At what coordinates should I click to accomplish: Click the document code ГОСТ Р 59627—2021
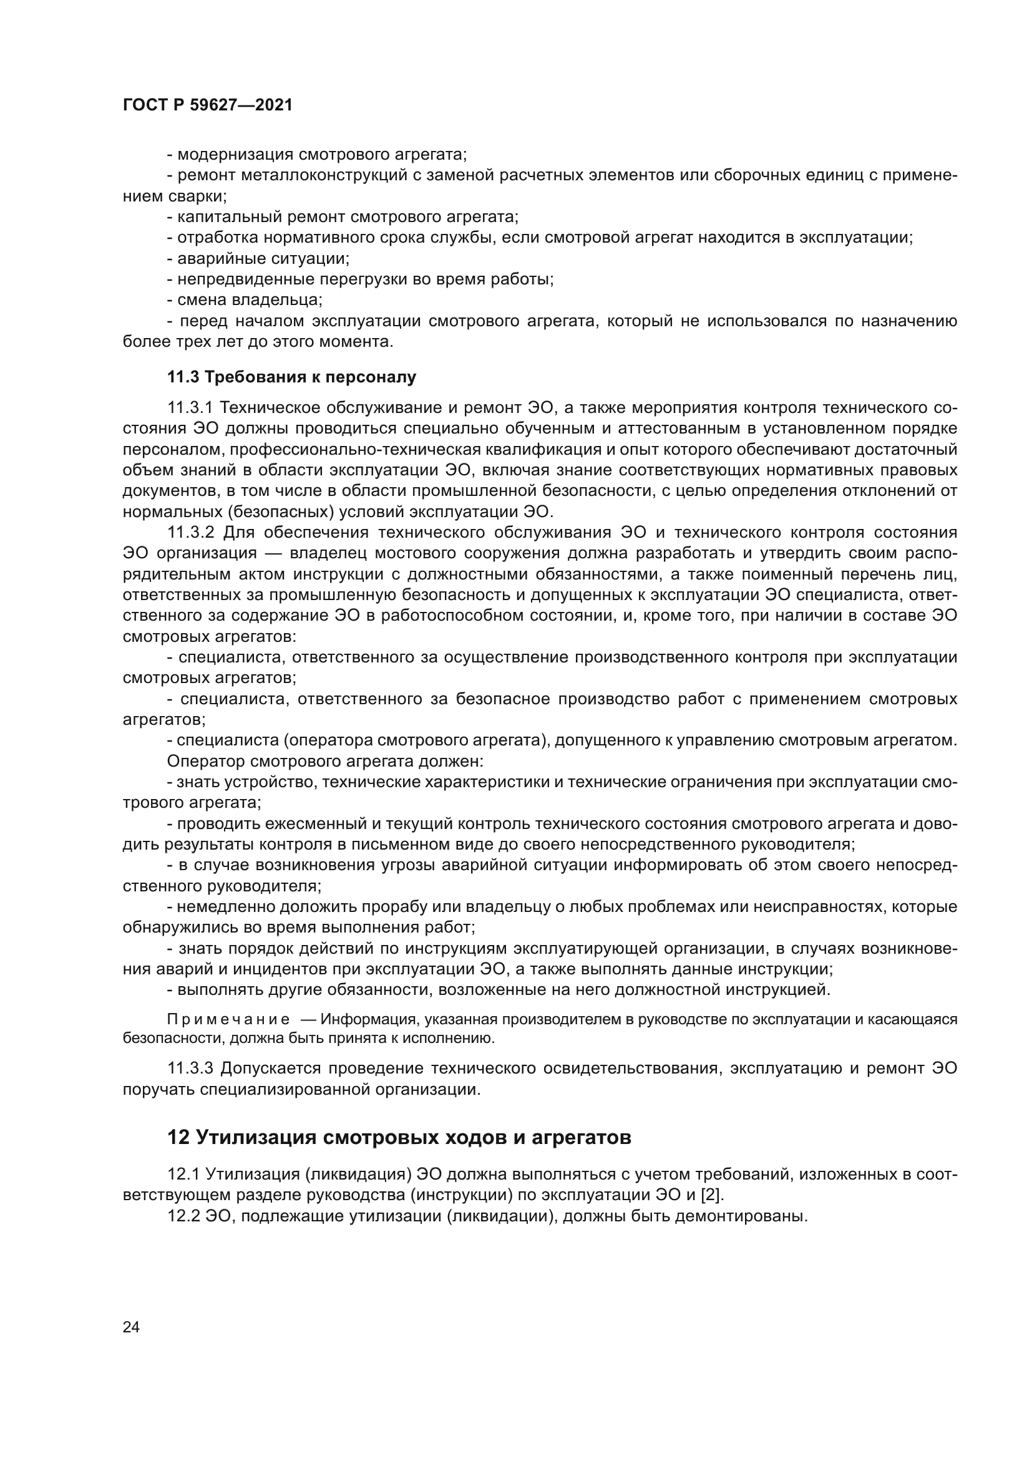pyautogui.click(x=207, y=105)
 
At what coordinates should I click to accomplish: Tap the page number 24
pyautogui.click(x=131, y=1327)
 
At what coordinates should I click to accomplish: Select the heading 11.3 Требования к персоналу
pyautogui.click(x=291, y=377)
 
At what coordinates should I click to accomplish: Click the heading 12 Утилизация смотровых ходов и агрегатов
pyautogui.click(x=399, y=1137)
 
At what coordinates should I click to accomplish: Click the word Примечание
pyautogui.click(x=228, y=1020)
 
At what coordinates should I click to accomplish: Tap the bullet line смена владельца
pyautogui.click(x=245, y=299)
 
